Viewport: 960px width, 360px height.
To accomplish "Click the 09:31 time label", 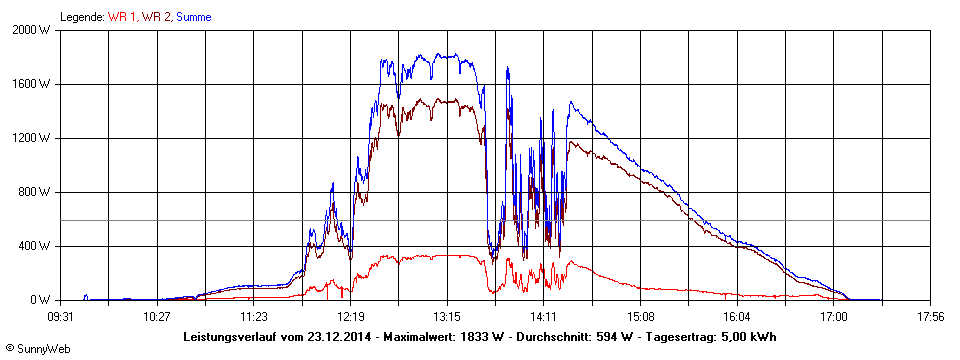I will tap(60, 317).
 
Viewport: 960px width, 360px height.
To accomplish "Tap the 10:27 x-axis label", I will tap(157, 317).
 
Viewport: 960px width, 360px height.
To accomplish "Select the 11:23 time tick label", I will tap(253, 317).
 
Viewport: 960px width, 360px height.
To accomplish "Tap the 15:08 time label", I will tap(640, 317).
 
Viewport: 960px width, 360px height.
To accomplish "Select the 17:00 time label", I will tap(833, 317).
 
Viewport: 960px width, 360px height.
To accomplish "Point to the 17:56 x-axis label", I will tap(930, 317).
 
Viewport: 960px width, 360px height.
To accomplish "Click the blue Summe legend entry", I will tap(193, 17).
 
